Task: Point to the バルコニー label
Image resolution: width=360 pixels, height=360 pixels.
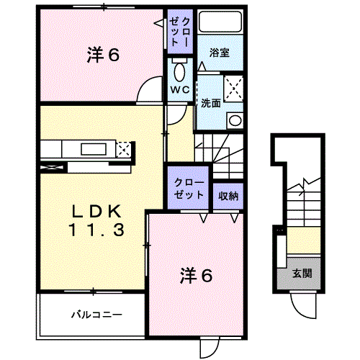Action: click(x=96, y=315)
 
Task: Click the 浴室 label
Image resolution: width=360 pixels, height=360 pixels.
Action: click(x=220, y=53)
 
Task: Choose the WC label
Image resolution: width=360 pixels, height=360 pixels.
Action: click(x=179, y=90)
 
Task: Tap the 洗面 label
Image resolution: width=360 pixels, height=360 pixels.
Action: click(x=210, y=102)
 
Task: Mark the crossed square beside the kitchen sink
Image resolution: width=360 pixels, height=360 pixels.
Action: click(x=123, y=150)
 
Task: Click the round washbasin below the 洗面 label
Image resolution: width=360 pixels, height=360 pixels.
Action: click(x=234, y=120)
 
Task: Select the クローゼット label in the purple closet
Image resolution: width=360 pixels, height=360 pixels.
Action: click(x=188, y=188)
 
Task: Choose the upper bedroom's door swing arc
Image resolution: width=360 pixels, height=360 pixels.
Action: click(x=150, y=92)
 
